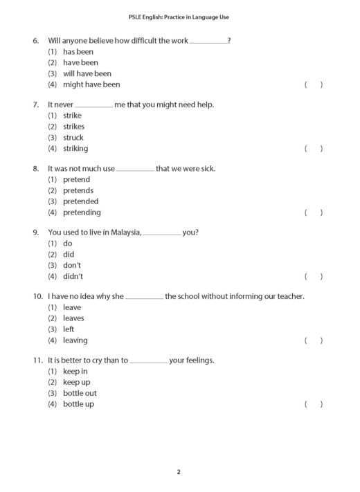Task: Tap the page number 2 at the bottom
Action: pos(179,472)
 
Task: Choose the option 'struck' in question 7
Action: pos(73,138)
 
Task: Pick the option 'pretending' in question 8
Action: pos(82,212)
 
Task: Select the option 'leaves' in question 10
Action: pos(73,318)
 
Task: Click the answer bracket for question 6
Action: pos(314,84)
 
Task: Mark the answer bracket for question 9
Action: pos(314,277)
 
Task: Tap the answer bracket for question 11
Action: pos(314,404)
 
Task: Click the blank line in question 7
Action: pos(93,106)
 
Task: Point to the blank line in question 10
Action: pos(145,298)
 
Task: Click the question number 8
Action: pos(36,169)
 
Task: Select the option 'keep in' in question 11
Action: pos(75,372)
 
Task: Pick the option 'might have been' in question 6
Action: pos(91,84)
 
